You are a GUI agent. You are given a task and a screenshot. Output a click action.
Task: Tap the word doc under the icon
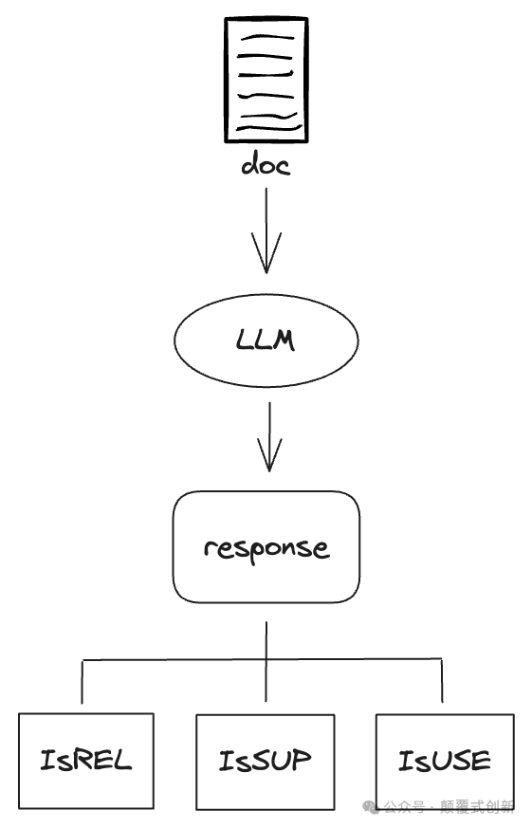click(x=266, y=164)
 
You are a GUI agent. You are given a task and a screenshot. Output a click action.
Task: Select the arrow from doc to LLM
click(x=266, y=230)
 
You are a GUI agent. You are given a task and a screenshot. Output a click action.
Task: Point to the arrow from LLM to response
click(x=269, y=436)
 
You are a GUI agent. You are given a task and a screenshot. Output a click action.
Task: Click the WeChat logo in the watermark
click(x=371, y=807)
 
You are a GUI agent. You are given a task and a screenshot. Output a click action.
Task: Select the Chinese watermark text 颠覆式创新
click(x=477, y=807)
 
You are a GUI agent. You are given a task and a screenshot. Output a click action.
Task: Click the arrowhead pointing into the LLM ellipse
click(x=266, y=253)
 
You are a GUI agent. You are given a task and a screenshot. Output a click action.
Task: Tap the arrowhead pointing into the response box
click(x=269, y=454)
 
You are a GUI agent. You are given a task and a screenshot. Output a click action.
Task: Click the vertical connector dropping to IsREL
click(x=83, y=682)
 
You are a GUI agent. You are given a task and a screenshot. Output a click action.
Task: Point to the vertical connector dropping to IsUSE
click(x=442, y=681)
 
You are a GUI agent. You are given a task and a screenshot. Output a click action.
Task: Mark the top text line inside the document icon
click(x=267, y=37)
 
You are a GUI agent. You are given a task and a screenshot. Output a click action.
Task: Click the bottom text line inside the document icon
click(x=269, y=127)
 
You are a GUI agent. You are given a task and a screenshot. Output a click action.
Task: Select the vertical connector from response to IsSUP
click(x=266, y=662)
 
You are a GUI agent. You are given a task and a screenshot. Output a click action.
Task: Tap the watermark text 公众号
click(x=404, y=807)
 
